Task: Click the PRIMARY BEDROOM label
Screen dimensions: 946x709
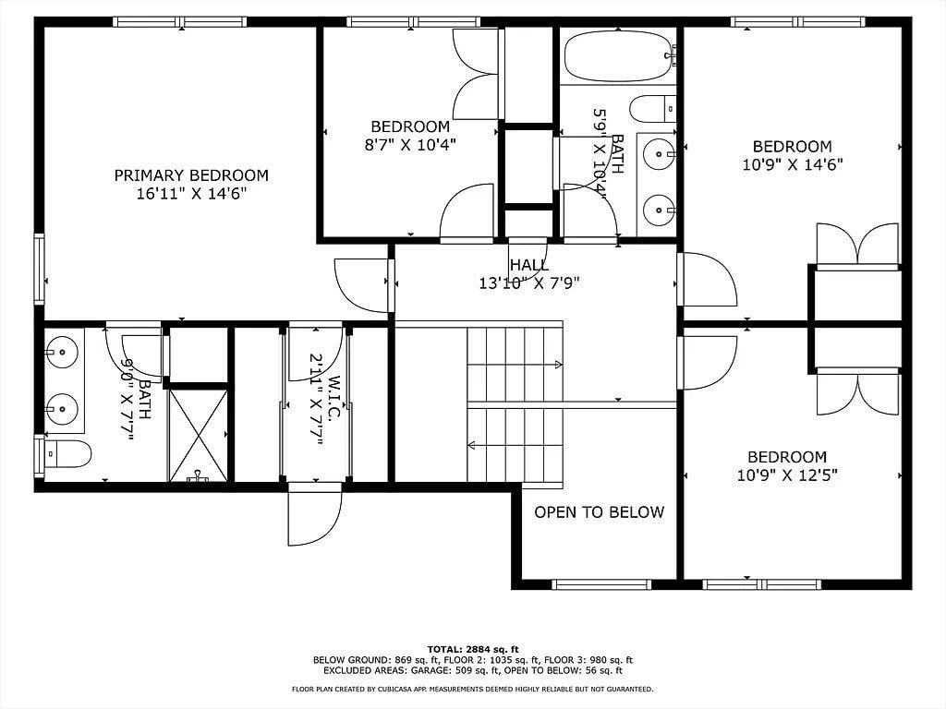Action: click(x=191, y=175)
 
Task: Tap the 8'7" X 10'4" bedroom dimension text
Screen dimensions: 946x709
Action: click(x=410, y=145)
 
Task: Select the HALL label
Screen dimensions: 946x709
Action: click(x=529, y=265)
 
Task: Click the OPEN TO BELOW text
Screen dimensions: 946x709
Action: click(x=599, y=512)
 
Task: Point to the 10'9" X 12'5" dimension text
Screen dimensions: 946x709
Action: click(x=787, y=475)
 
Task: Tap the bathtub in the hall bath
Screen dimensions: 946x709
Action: click(x=620, y=56)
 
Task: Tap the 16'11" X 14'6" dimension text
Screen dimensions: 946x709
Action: click(x=192, y=194)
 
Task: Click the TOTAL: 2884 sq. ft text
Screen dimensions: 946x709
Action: click(x=473, y=649)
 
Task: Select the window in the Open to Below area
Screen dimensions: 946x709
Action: click(x=602, y=584)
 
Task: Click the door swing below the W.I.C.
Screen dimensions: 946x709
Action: click(x=314, y=514)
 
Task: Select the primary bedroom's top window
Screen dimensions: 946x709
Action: click(x=180, y=22)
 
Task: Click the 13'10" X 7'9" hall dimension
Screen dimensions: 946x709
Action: click(x=529, y=282)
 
